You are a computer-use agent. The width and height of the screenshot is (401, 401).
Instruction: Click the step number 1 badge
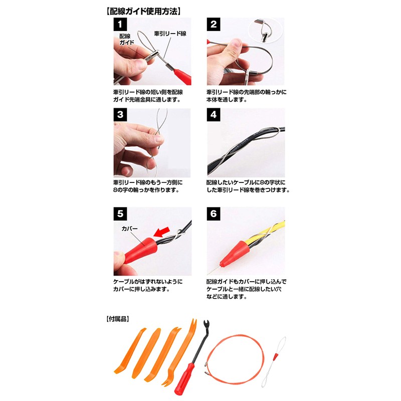pyautogui.click(x=120, y=25)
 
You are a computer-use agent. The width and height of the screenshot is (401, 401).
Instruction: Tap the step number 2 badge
pyautogui.click(x=214, y=25)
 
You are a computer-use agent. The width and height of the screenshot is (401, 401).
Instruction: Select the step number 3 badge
pyautogui.click(x=120, y=115)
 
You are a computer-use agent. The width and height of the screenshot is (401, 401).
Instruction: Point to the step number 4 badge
pyautogui.click(x=214, y=115)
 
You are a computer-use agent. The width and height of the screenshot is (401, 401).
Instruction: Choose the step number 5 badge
pyautogui.click(x=120, y=214)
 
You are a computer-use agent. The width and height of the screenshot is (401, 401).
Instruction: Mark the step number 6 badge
pyautogui.click(x=214, y=214)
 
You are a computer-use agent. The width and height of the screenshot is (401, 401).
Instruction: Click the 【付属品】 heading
pyautogui.click(x=118, y=318)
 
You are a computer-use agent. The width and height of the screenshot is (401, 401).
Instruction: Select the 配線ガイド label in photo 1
pyautogui.click(x=126, y=40)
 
